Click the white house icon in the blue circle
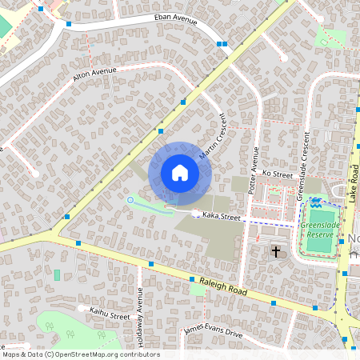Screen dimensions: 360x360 (x=180, y=172)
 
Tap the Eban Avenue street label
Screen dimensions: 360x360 (x=175, y=19)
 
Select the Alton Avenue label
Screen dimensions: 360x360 (x=94, y=74)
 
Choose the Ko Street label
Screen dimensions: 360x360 (x=278, y=174)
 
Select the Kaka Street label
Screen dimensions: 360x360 (x=221, y=215)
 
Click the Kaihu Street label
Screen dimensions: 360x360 (x=110, y=312)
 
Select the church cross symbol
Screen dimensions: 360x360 (x=276, y=252)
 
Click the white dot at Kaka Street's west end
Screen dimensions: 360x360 (x=197, y=213)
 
